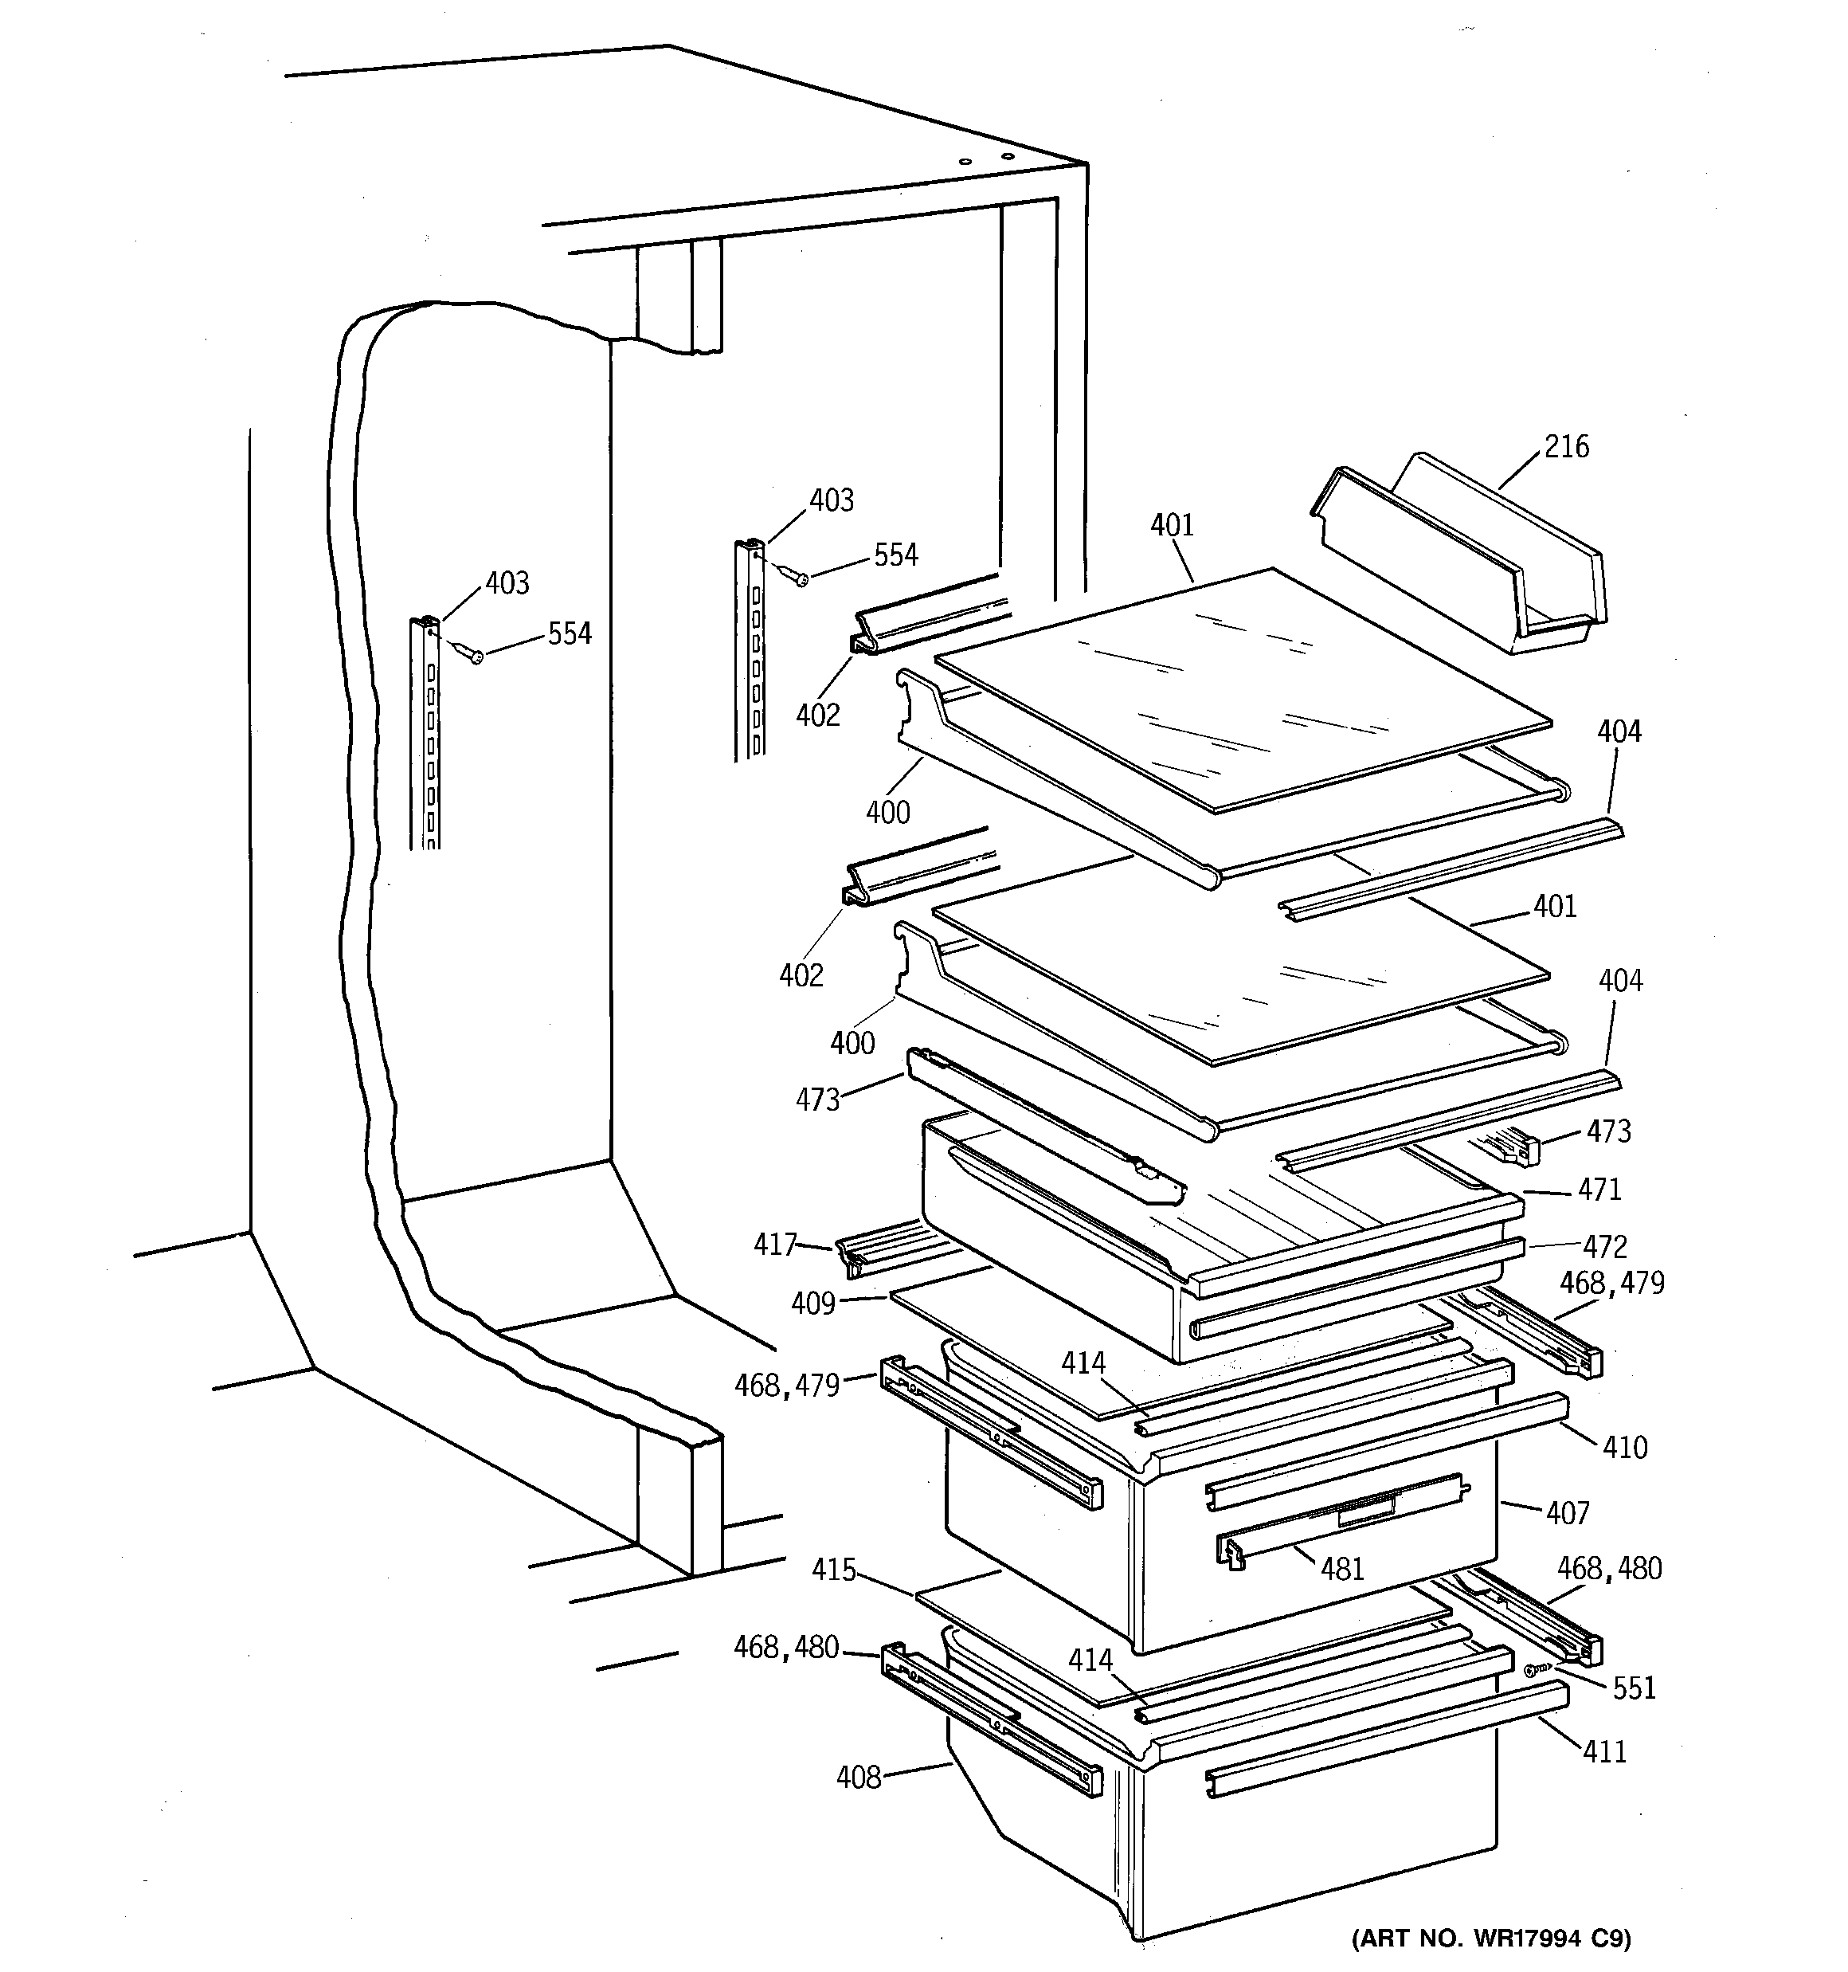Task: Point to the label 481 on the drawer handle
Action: pyautogui.click(x=1342, y=1568)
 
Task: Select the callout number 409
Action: pyautogui.click(x=812, y=1304)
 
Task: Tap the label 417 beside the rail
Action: pyautogui.click(x=775, y=1244)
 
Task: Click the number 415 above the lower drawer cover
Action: pyautogui.click(x=833, y=1570)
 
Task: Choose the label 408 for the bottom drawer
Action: pyautogui.click(x=858, y=1778)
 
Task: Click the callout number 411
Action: pyautogui.click(x=1604, y=1752)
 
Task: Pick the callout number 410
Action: pyautogui.click(x=1625, y=1447)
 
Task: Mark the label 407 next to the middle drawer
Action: pyautogui.click(x=1568, y=1513)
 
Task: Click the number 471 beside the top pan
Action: pyautogui.click(x=1599, y=1188)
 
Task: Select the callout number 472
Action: pyautogui.click(x=1605, y=1246)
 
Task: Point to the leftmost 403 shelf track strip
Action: pyautogui.click(x=425, y=734)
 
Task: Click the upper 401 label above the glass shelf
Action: pyautogui.click(x=1172, y=526)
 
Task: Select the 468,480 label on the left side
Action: pyautogui.click(x=785, y=1647)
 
